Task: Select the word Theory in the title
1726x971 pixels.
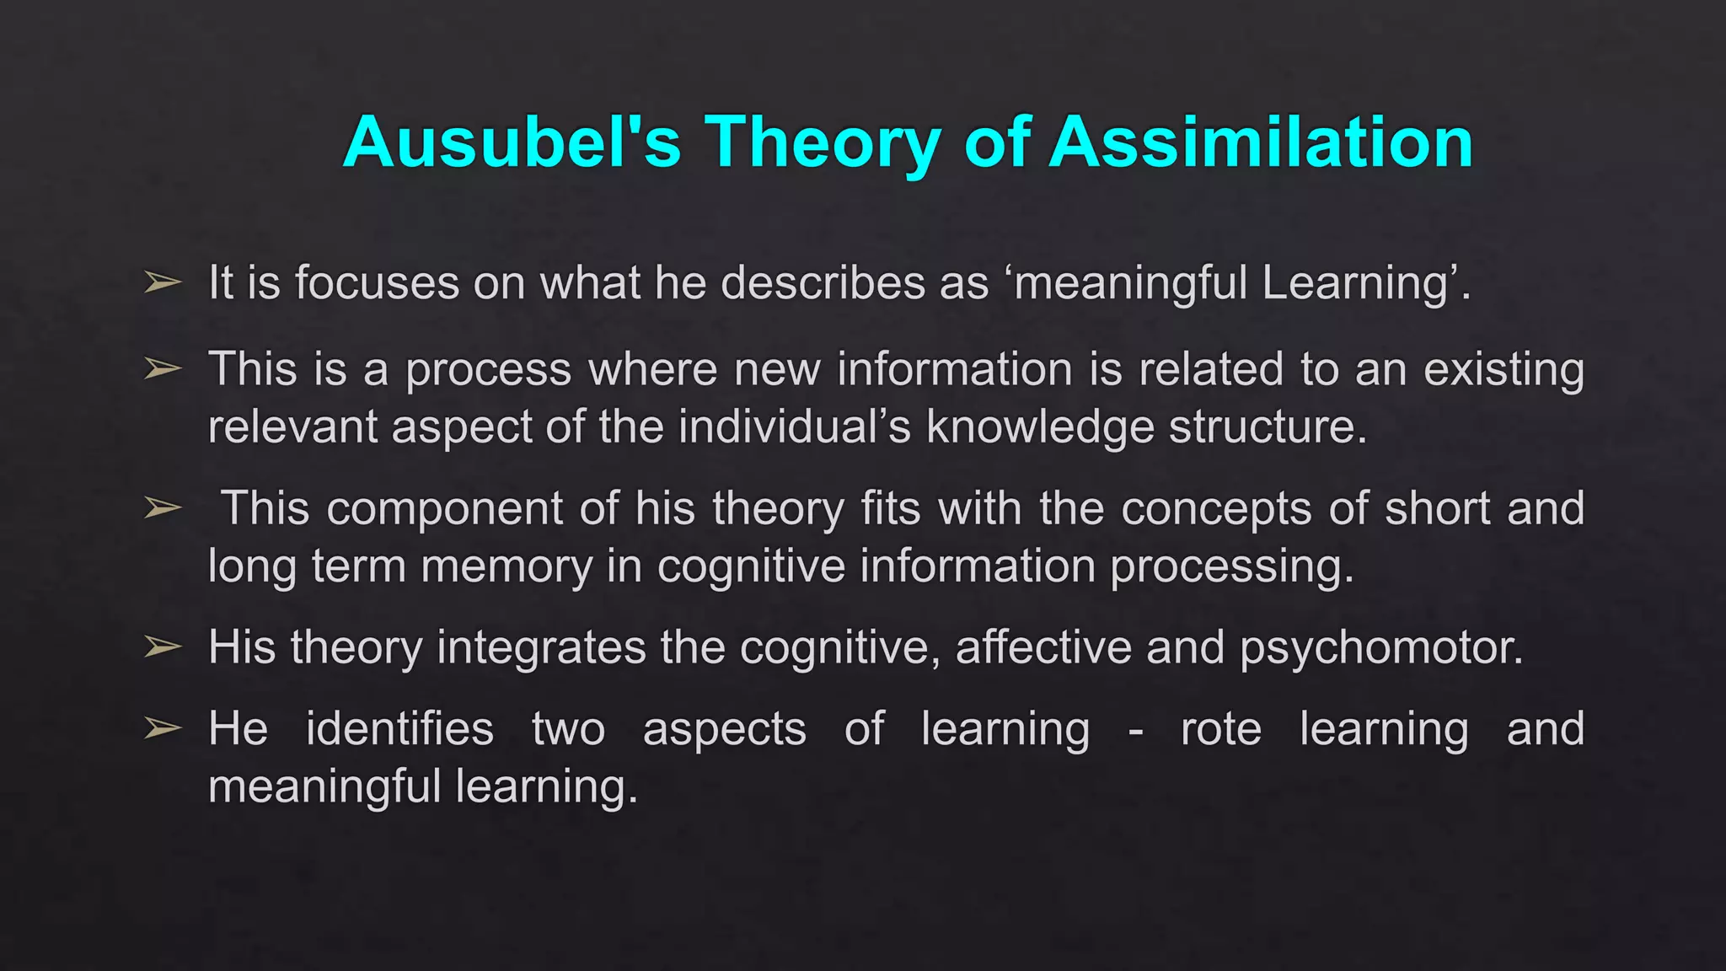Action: tap(822, 143)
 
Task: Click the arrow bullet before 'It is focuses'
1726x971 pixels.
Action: tap(163, 282)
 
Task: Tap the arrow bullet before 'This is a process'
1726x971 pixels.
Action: tap(163, 368)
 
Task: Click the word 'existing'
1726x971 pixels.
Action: tap(1504, 371)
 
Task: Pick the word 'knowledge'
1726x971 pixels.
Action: tap(1040, 427)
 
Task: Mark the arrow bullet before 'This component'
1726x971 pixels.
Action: tap(163, 507)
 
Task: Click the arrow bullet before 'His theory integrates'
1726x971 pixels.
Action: tap(163, 646)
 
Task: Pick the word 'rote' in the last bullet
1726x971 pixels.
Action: tap(1220, 729)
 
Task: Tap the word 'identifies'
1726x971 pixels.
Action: tap(399, 729)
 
